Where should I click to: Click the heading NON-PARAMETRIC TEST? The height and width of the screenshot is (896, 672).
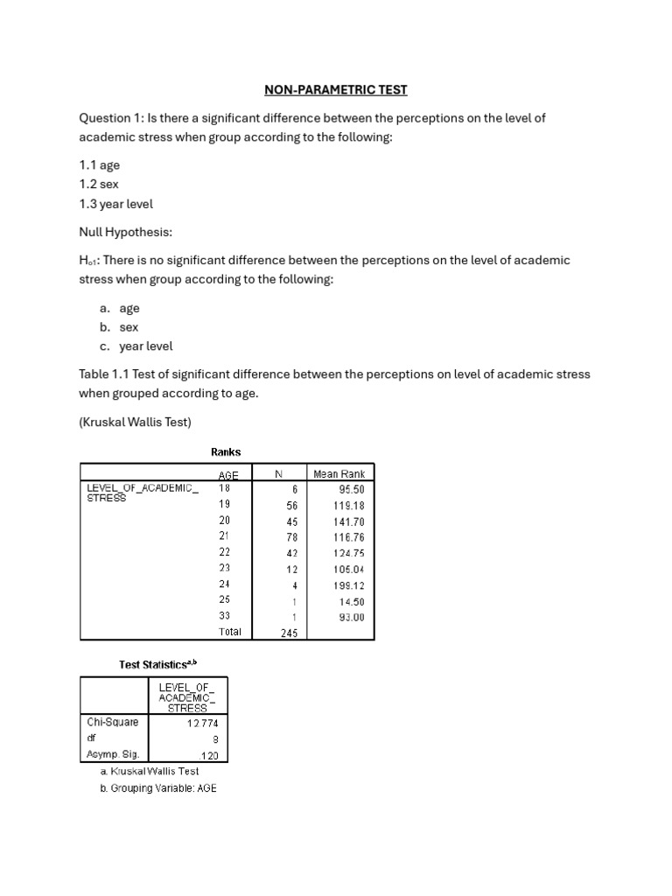[336, 89]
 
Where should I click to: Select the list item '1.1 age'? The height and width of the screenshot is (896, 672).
[100, 165]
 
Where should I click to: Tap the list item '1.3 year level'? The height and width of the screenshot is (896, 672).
[115, 204]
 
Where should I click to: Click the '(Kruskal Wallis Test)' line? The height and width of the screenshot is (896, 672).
[135, 423]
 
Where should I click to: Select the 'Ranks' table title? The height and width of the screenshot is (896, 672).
[226, 452]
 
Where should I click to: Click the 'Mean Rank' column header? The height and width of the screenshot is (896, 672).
[339, 474]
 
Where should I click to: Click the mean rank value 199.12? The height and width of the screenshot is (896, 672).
[348, 585]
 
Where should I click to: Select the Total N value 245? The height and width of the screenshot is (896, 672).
[289, 633]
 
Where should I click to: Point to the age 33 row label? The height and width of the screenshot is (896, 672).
[224, 617]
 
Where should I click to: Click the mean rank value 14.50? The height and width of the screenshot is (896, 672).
[351, 601]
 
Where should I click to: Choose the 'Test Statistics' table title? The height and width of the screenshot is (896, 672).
[164, 665]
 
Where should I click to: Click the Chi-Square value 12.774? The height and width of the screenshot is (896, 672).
[203, 723]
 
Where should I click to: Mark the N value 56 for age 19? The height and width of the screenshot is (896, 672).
[291, 506]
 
